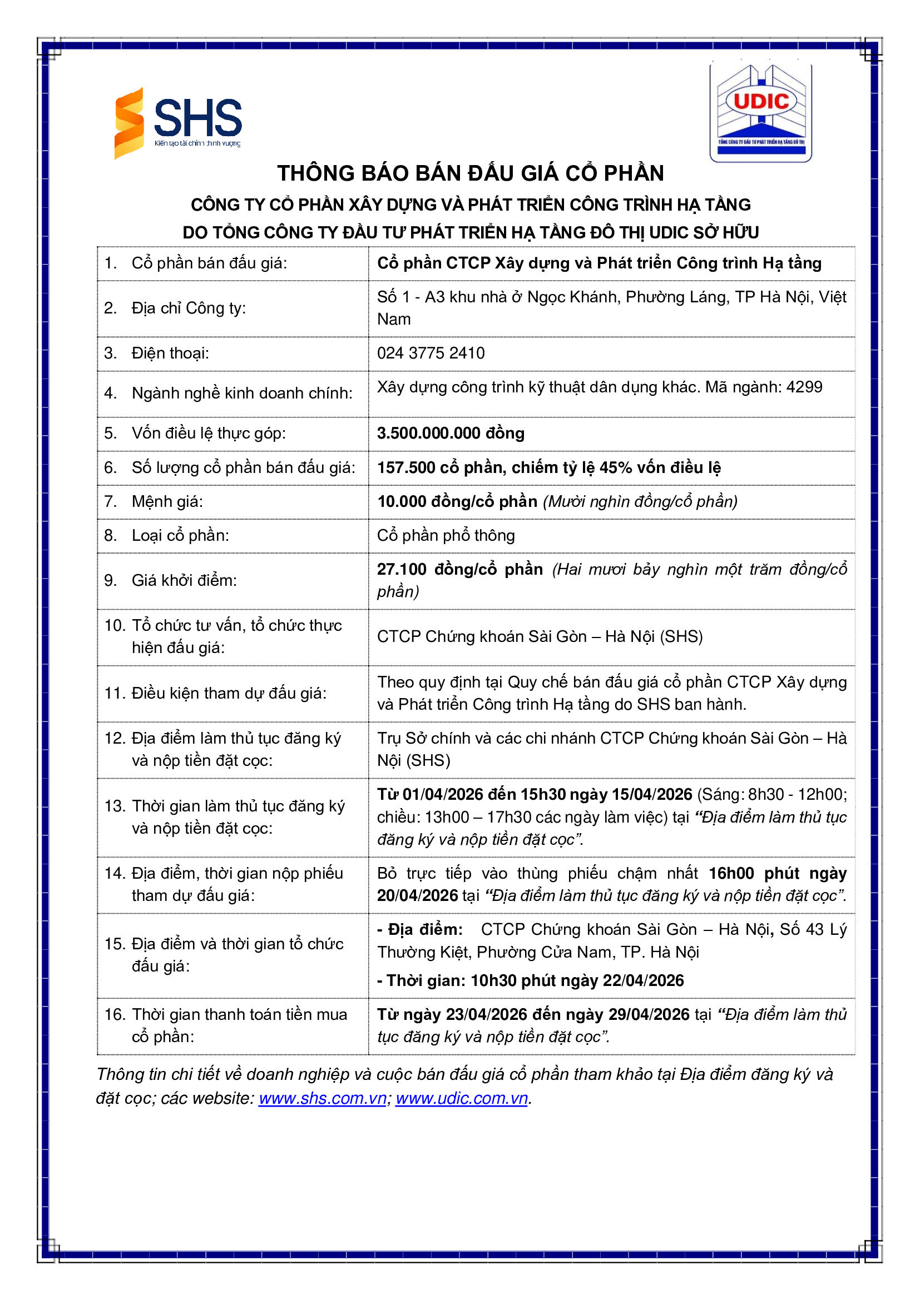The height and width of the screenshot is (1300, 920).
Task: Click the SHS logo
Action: tap(179, 123)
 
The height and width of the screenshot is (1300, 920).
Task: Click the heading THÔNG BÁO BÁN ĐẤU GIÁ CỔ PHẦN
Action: tap(470, 173)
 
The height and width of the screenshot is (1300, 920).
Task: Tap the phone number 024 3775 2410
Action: tap(431, 353)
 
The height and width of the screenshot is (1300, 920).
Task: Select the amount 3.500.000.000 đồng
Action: tap(451, 433)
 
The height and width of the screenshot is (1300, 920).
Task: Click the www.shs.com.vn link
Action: tap(323, 1098)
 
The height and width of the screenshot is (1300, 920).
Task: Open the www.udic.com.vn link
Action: tap(462, 1098)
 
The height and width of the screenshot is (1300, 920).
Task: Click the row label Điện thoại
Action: tap(170, 353)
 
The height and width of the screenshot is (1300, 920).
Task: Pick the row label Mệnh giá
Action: tap(167, 502)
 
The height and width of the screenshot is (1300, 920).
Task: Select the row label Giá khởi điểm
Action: tap(184, 580)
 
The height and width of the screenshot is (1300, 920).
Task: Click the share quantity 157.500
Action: tap(406, 467)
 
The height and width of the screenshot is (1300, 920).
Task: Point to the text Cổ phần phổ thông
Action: tap(446, 536)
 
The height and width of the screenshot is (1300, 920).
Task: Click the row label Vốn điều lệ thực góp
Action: tap(209, 433)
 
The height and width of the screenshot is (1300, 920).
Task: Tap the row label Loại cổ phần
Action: tap(180, 536)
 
